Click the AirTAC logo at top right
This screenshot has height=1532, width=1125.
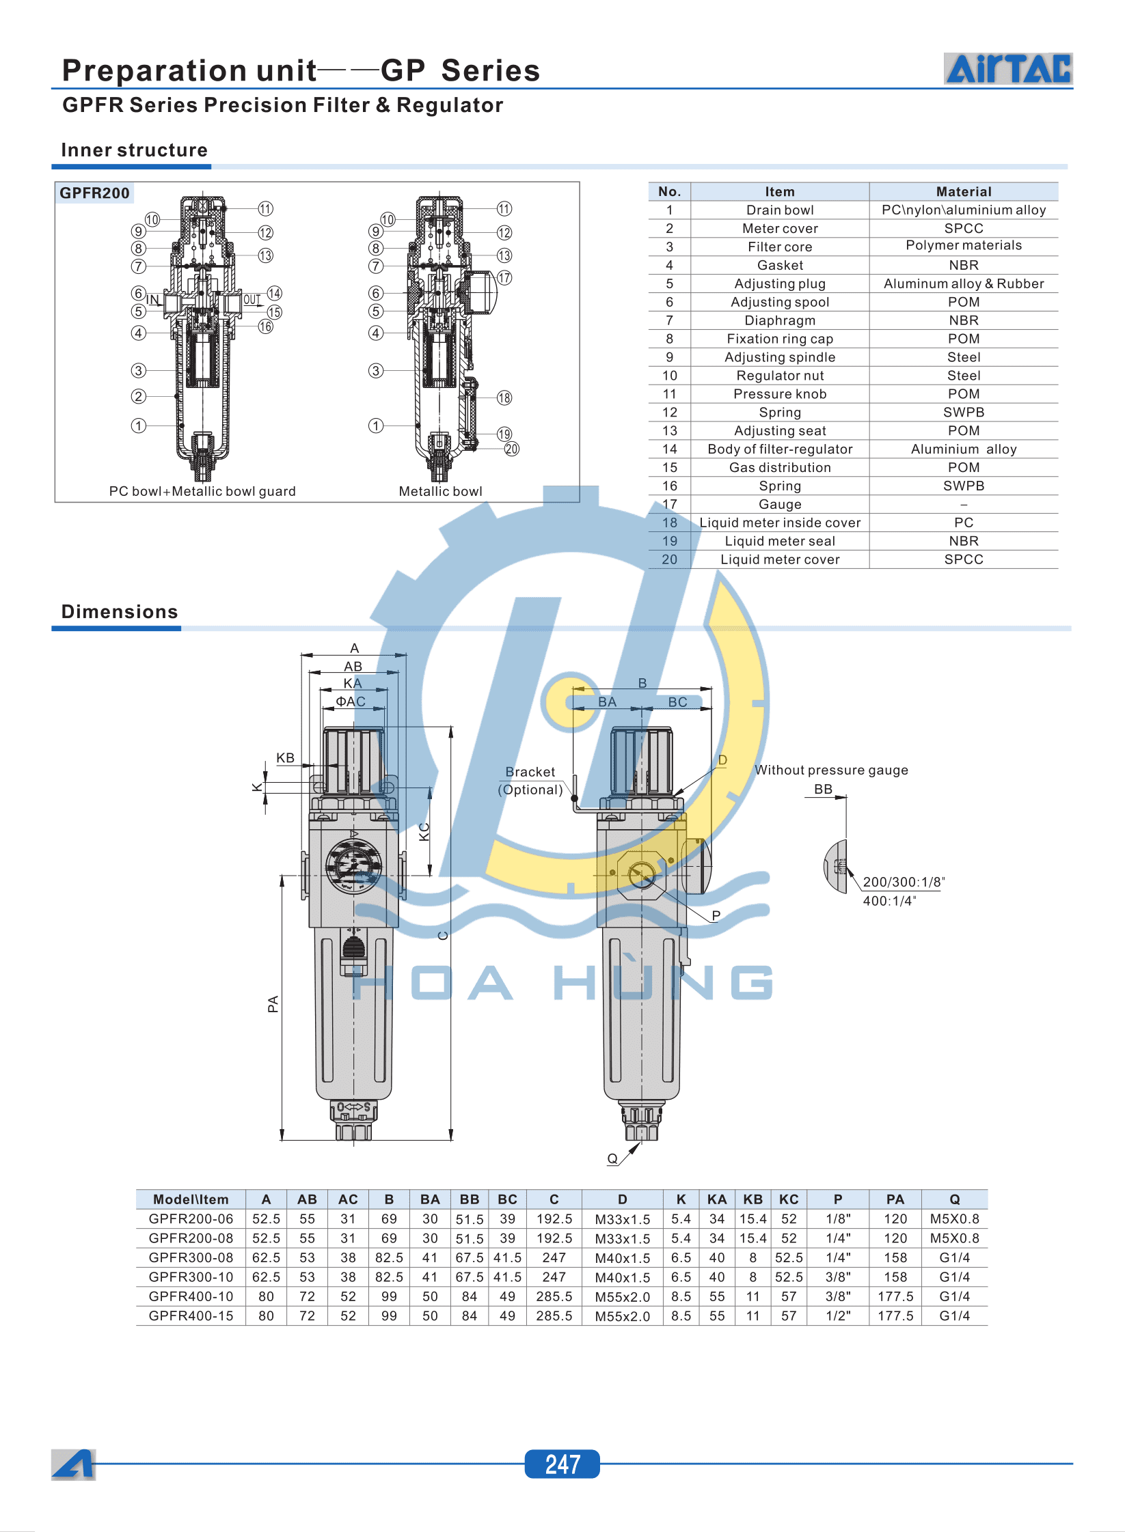click(1007, 69)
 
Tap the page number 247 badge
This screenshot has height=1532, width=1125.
click(562, 1464)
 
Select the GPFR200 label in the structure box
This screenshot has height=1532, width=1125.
click(94, 193)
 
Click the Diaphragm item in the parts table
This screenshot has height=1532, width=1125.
click(779, 320)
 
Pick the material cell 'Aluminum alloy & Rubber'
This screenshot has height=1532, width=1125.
click(963, 283)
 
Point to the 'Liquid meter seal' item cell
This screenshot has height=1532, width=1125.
click(779, 541)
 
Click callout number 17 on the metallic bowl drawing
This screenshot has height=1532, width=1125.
click(504, 278)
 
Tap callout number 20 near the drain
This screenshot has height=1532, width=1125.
click(511, 449)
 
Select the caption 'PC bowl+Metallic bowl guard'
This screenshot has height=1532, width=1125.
click(202, 491)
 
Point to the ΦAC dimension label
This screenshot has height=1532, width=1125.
click(351, 701)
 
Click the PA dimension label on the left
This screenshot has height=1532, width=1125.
click(273, 1003)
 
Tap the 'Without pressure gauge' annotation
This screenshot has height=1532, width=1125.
click(831, 770)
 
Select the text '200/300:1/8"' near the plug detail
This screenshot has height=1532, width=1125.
click(903, 882)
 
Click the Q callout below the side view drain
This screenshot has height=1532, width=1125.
click(612, 1158)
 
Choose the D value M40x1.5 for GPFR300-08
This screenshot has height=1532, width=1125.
click(622, 1258)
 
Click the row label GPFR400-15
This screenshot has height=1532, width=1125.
click(191, 1315)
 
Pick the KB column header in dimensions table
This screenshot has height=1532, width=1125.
click(753, 1199)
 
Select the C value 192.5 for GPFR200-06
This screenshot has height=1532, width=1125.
click(554, 1218)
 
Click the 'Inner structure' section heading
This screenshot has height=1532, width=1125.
click(134, 150)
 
